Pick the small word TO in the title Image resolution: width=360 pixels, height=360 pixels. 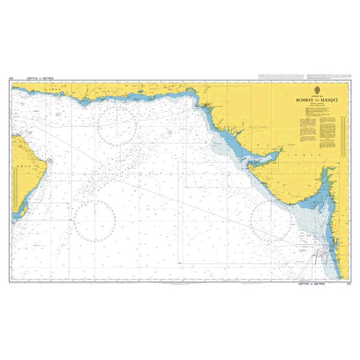click(312, 102)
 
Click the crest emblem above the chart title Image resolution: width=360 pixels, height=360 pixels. click(312, 91)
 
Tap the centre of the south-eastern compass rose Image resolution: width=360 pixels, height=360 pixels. click(273, 220)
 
